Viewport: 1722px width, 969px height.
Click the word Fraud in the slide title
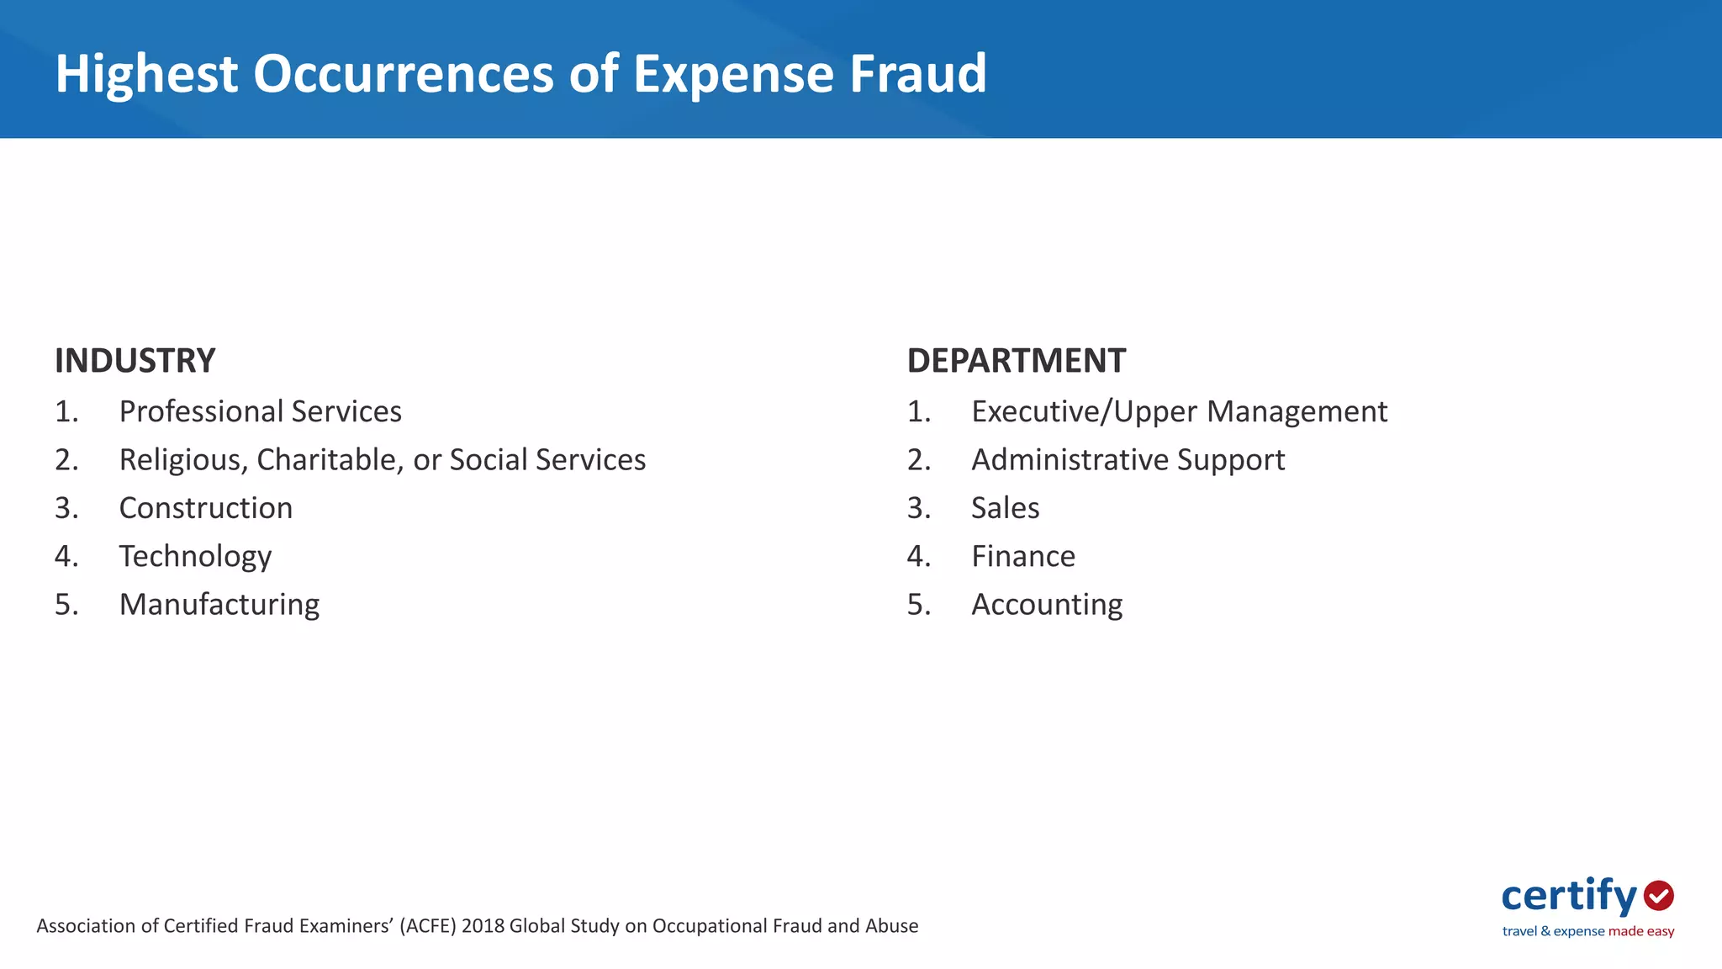[917, 73]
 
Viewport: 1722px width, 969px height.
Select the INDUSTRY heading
[135, 361]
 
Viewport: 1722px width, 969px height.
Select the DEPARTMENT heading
[1016, 361]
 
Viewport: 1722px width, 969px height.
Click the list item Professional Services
[260, 411]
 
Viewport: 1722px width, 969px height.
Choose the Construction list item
[206, 508]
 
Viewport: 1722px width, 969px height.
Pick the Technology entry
[195, 557]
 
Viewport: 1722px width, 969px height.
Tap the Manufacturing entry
[219, 605]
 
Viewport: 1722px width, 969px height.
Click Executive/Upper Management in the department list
[1179, 411]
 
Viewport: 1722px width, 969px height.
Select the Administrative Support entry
[1128, 460]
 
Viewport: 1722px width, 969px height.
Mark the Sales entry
[1005, 508]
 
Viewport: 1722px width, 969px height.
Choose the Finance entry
[1023, 557]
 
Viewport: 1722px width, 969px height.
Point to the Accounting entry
[1047, 605]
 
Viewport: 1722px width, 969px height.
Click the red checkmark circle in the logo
[1659, 896]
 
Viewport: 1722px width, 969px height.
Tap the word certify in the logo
[1569, 897]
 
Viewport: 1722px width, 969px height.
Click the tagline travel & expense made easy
[1587, 931]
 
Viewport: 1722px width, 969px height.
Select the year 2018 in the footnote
[483, 926]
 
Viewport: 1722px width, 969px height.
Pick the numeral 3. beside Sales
[918, 508]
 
